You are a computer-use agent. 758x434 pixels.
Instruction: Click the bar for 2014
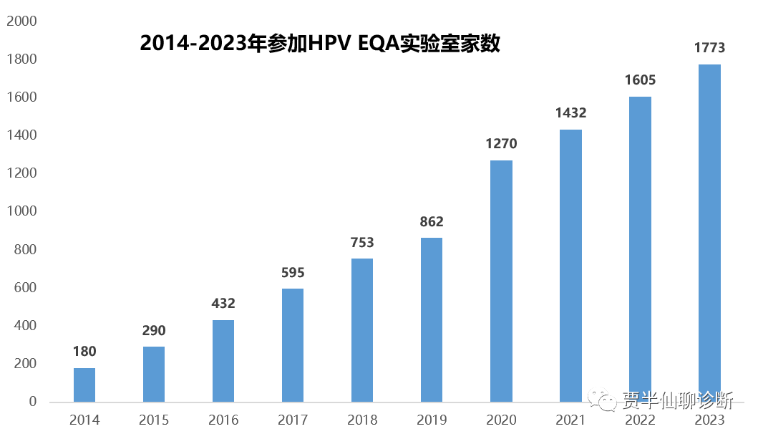click(84, 385)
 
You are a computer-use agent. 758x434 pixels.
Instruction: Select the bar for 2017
click(293, 345)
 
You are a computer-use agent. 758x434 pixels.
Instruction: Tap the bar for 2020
click(501, 281)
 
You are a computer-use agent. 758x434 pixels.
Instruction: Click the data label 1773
click(709, 48)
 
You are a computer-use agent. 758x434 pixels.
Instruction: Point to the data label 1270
click(501, 144)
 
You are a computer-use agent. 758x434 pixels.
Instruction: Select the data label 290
click(154, 331)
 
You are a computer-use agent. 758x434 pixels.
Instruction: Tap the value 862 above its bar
click(432, 222)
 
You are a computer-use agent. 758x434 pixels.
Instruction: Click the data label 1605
click(640, 80)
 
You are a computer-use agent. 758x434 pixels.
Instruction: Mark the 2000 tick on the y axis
click(21, 21)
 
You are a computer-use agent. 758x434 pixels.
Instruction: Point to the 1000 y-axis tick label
click(21, 211)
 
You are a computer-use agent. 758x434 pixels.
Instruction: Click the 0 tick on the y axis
click(33, 402)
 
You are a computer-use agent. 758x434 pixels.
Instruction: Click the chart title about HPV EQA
click(319, 44)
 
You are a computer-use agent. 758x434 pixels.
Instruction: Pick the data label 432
click(223, 304)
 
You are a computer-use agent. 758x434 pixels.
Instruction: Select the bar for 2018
click(362, 330)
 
